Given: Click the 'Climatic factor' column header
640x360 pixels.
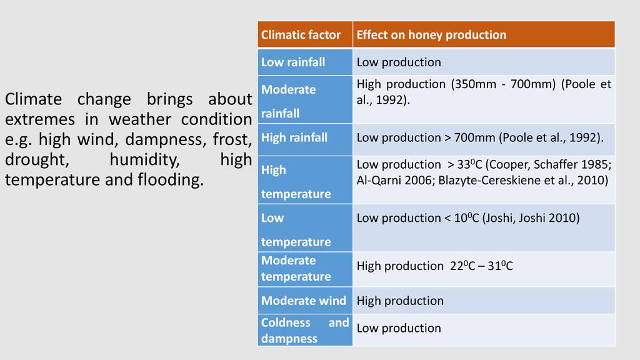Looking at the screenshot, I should click(301, 35).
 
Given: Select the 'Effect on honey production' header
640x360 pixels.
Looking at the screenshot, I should click(431, 35).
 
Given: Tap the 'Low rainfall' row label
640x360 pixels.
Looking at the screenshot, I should click(293, 62).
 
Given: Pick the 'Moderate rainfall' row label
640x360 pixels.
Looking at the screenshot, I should click(288, 101).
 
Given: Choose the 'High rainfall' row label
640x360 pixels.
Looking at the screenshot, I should click(294, 137).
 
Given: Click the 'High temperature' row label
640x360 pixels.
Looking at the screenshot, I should click(296, 181).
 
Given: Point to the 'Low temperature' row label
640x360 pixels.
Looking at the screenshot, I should click(296, 229).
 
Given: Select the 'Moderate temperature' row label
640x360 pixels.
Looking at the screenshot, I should click(296, 268).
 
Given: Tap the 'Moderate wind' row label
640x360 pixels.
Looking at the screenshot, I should click(303, 301).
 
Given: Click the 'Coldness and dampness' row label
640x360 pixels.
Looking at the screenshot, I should click(304, 331).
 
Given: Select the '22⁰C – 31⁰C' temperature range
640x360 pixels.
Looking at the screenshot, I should click(482, 266).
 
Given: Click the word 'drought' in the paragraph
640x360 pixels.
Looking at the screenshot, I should click(37, 160).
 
